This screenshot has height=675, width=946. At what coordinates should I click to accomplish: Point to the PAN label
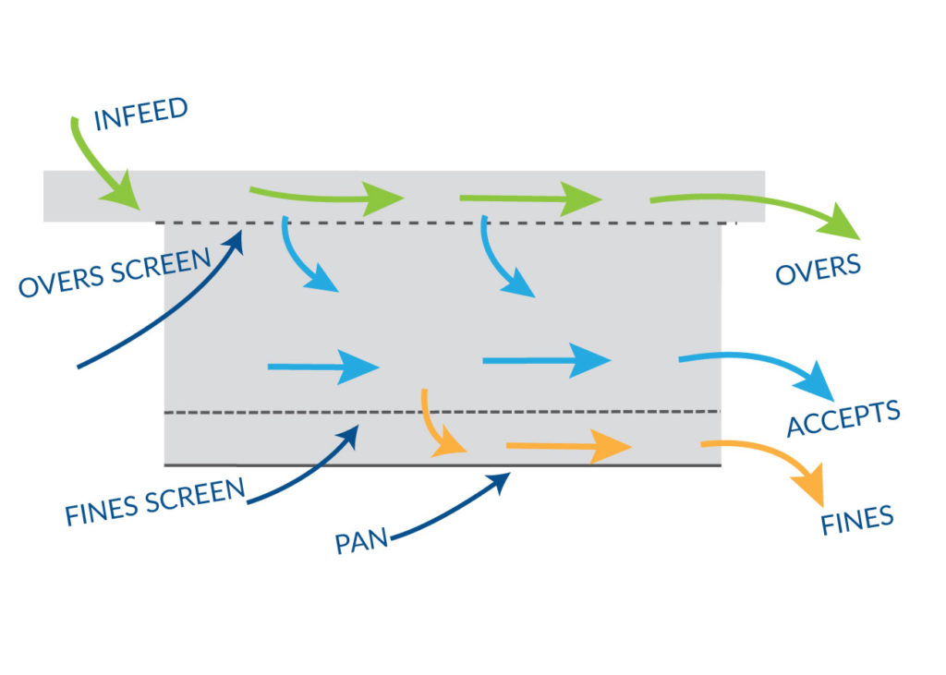361,539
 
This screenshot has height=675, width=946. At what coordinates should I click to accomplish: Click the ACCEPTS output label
843,419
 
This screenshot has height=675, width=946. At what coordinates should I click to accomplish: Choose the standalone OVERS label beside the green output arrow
818,269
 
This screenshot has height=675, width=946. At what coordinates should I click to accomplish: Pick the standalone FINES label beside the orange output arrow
856,519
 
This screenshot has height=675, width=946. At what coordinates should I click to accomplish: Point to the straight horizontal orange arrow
568,448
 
